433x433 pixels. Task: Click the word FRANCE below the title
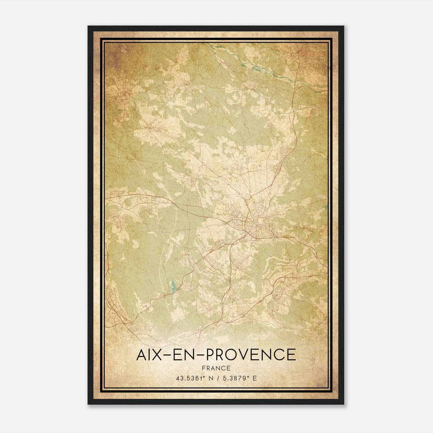[216, 368]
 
